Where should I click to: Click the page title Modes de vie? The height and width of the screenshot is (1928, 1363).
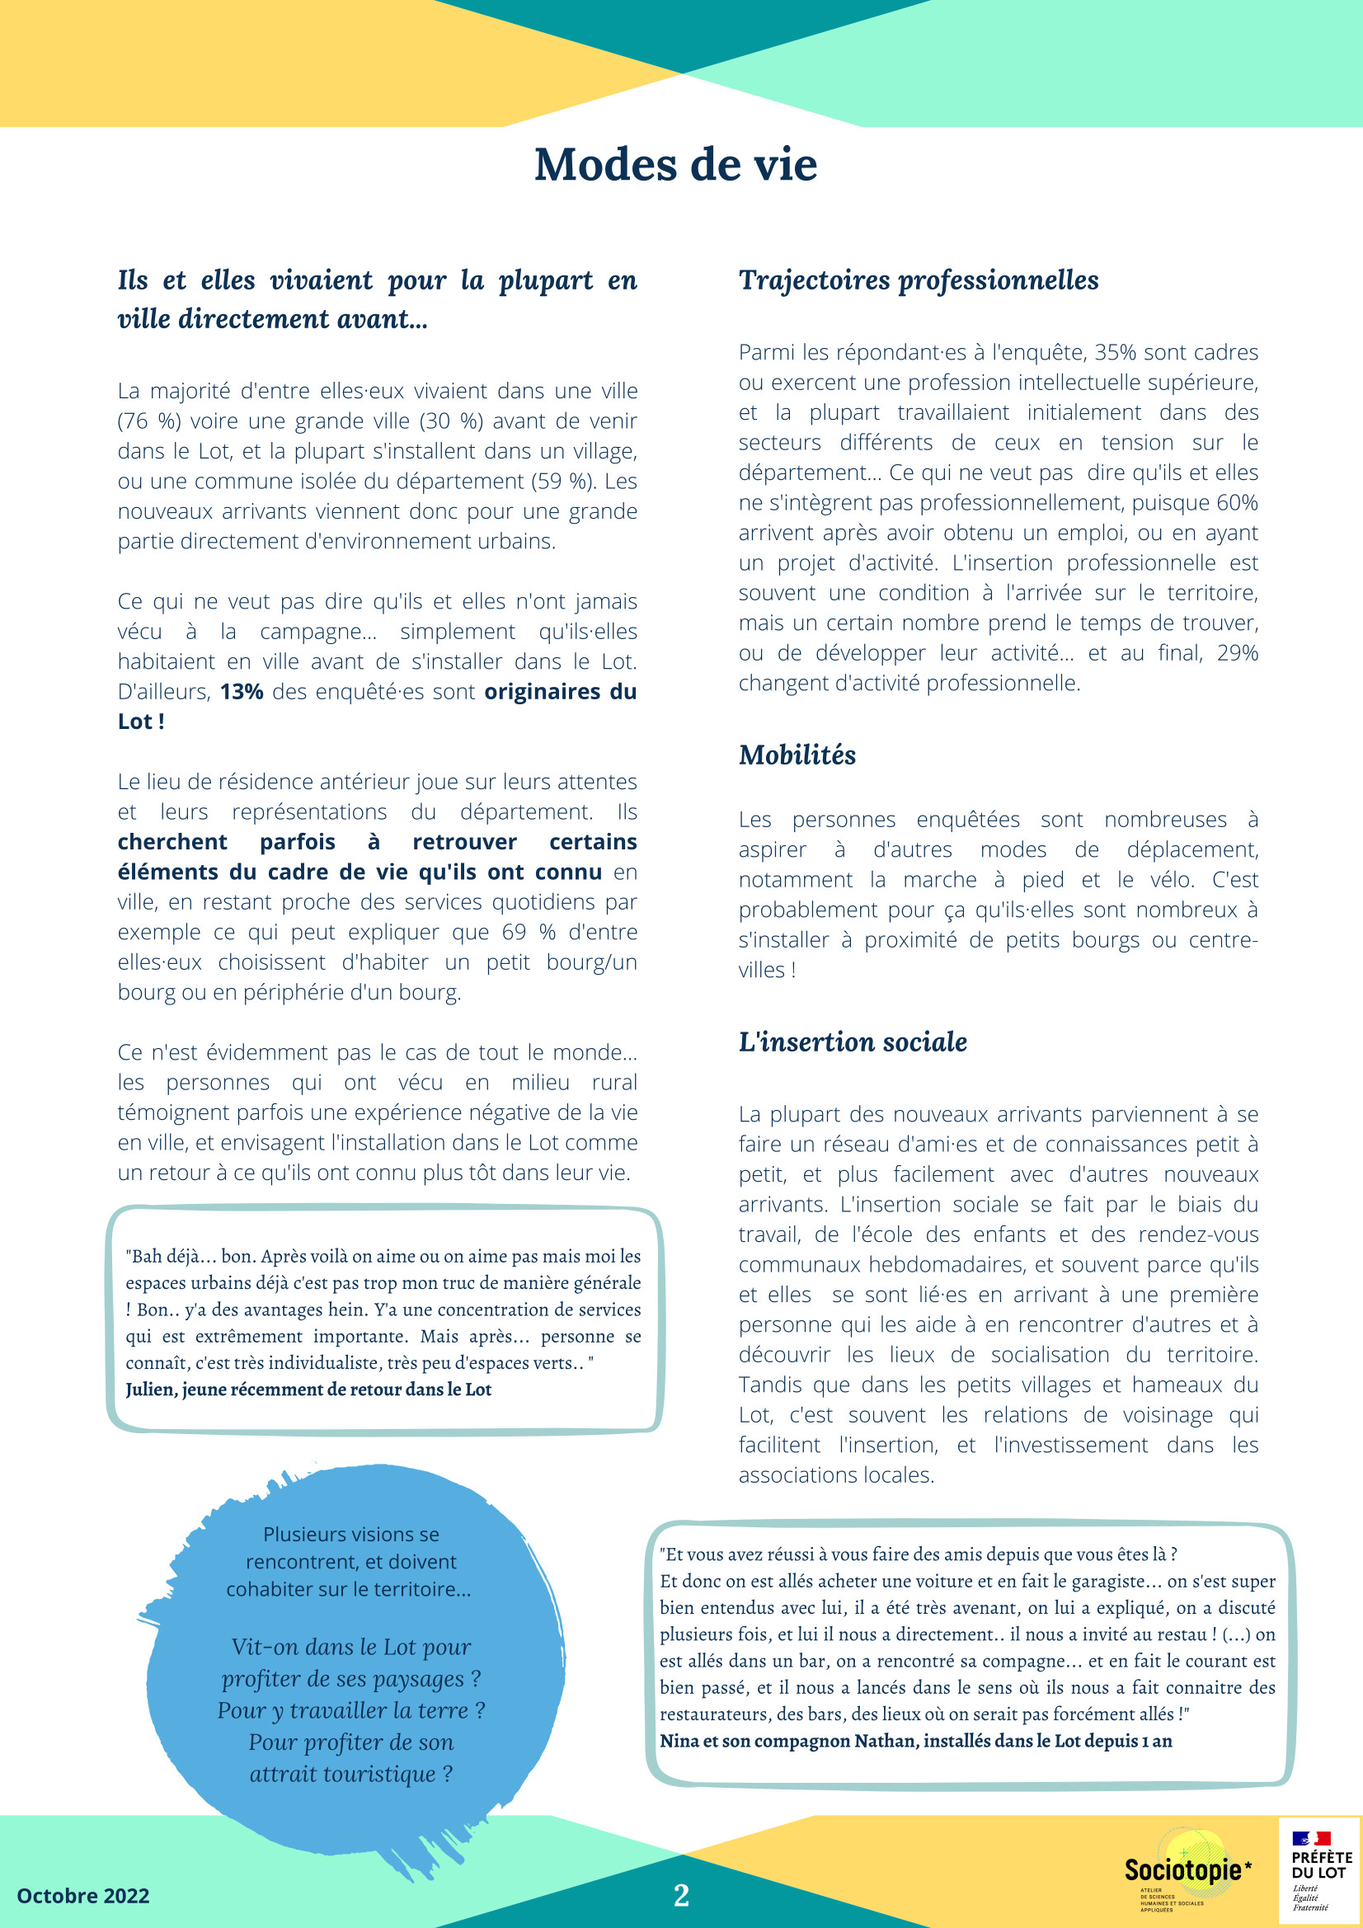coord(675,165)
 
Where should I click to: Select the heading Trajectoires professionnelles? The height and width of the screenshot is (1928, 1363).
coord(918,280)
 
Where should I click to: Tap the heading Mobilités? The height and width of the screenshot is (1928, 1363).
coord(797,755)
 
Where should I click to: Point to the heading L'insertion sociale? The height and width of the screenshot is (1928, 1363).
coord(853,1042)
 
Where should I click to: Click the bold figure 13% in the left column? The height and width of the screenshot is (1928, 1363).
coord(242,692)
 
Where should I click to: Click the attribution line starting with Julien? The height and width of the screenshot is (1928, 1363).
coord(308,1390)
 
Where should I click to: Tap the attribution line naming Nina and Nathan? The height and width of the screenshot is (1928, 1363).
coord(915,1741)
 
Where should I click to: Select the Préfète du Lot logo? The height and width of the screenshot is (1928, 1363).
coord(1320,1869)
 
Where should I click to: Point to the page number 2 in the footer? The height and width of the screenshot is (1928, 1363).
coord(681,1895)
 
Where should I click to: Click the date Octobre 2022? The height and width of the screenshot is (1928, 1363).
coord(83,1896)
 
